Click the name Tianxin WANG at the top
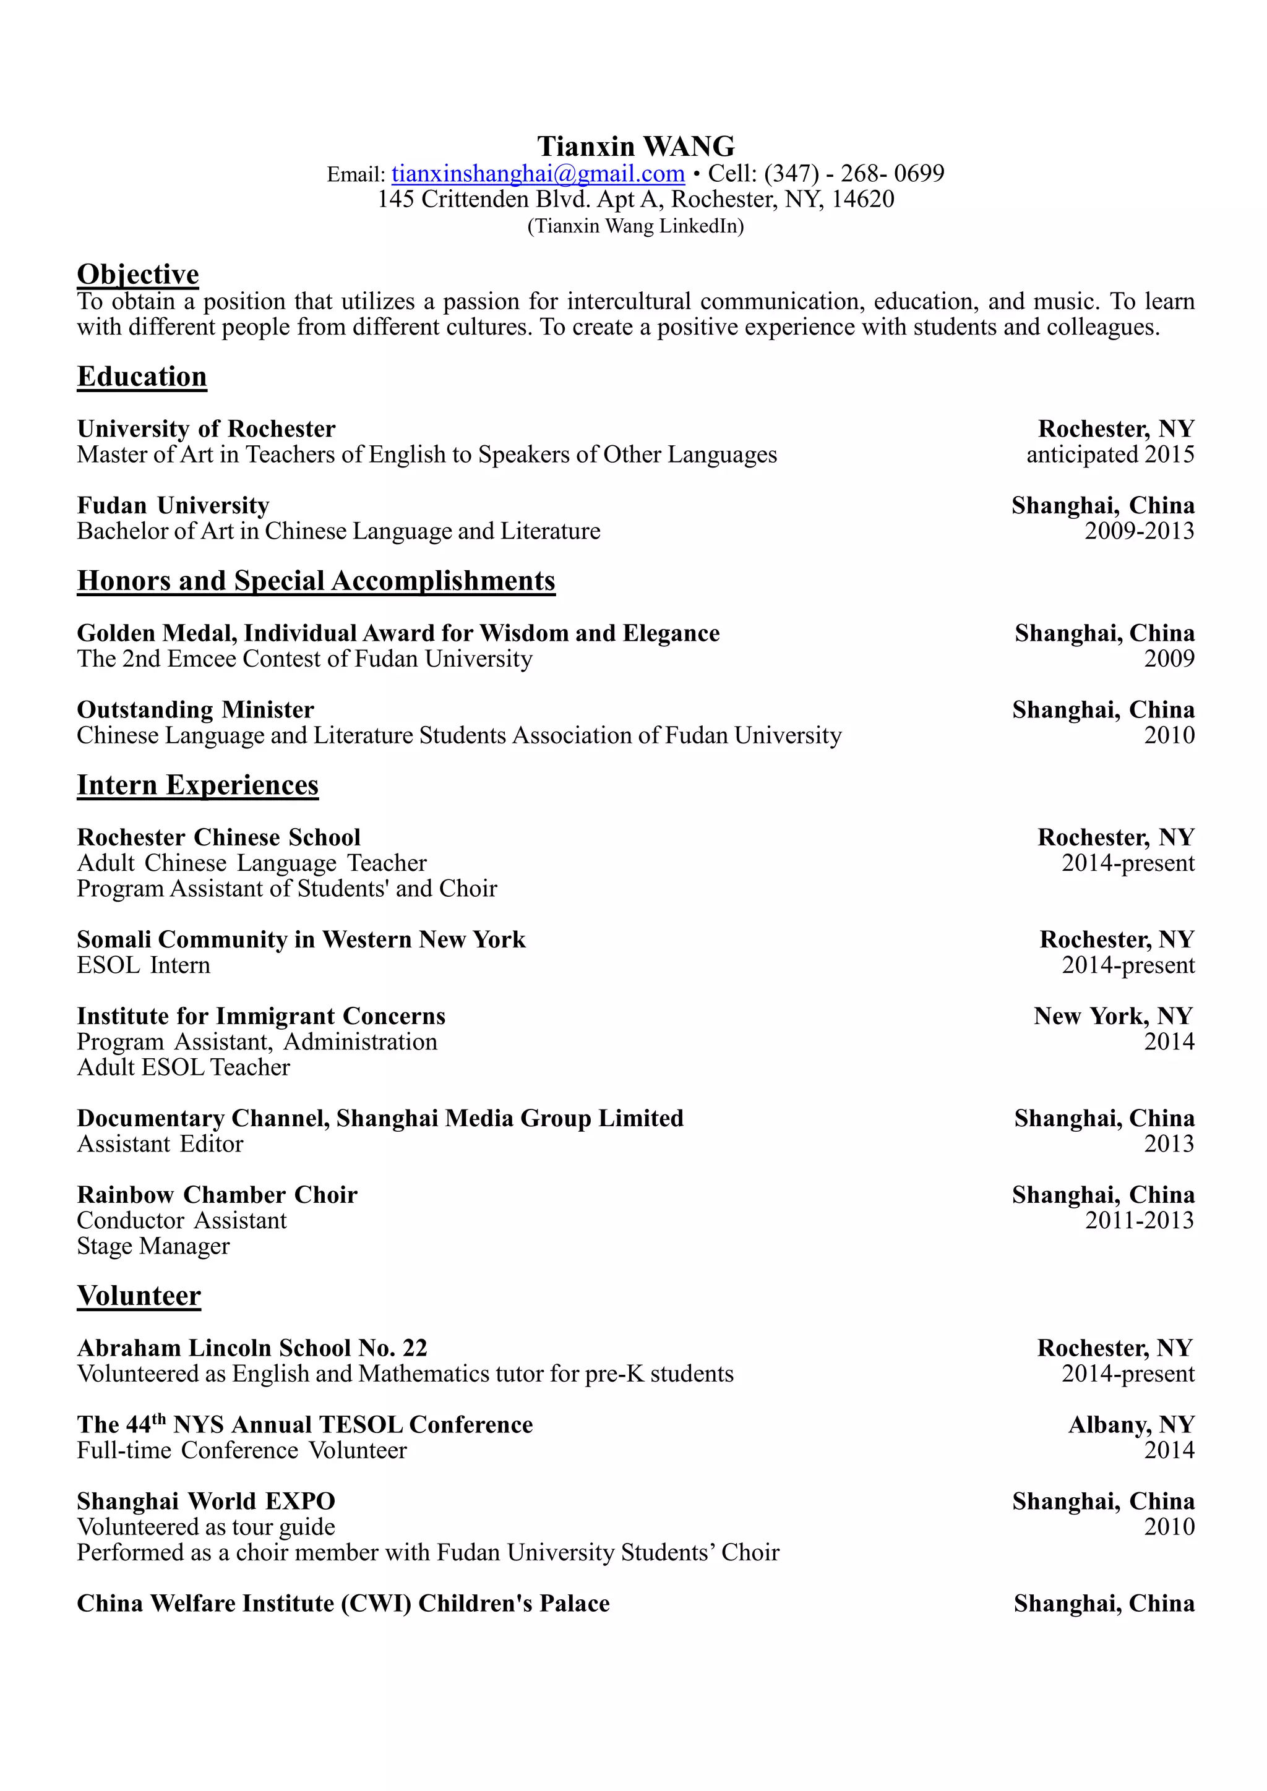(x=635, y=147)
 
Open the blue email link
(x=538, y=173)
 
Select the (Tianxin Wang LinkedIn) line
(x=635, y=226)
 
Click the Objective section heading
(x=137, y=275)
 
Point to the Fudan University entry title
(x=173, y=505)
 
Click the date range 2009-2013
(x=1138, y=531)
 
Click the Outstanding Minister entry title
(x=195, y=710)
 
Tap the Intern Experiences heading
(x=197, y=785)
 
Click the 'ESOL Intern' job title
(x=144, y=966)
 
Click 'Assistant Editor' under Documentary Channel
(x=160, y=1144)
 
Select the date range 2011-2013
(x=1138, y=1221)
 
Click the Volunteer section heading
(x=139, y=1296)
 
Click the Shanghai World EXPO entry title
(x=206, y=1502)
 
